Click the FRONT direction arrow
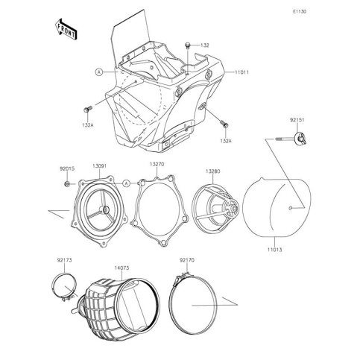pos(66,29)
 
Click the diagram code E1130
pos(299,12)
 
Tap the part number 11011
pos(241,72)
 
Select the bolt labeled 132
pos(188,45)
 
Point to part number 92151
pos(297,120)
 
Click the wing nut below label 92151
pos(300,139)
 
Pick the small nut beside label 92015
pos(67,184)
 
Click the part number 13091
pos(99,166)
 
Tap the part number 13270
pos(157,164)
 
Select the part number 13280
pos(213,171)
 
